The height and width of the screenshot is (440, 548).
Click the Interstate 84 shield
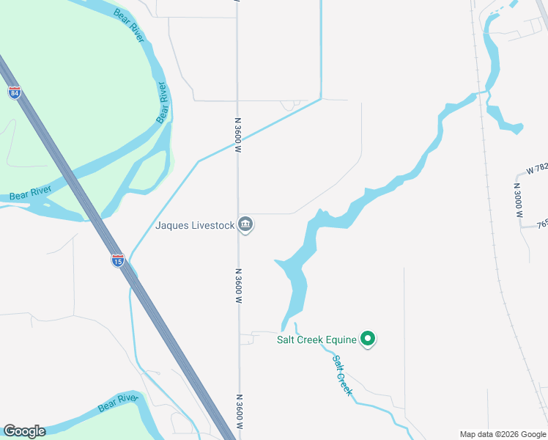[15, 92]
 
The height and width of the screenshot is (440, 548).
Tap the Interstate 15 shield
[117, 259]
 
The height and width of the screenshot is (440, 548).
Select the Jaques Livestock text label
[195, 225]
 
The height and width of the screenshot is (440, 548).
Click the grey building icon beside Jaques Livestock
[246, 224]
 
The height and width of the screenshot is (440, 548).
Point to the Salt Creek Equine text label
[316, 339]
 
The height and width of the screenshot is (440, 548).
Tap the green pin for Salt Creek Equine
[369, 339]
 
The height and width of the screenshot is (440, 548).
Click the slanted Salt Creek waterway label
[343, 375]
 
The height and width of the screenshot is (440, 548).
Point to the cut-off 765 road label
[541, 225]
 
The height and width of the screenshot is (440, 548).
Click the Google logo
[24, 431]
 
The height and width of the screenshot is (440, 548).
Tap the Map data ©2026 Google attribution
[503, 434]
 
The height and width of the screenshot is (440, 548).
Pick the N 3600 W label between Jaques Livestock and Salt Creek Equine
[238, 287]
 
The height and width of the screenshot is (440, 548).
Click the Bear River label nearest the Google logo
[118, 402]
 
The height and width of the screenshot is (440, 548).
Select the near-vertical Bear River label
[163, 103]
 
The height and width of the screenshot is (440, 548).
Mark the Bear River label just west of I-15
[30, 193]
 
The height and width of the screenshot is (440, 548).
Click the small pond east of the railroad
[503, 120]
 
